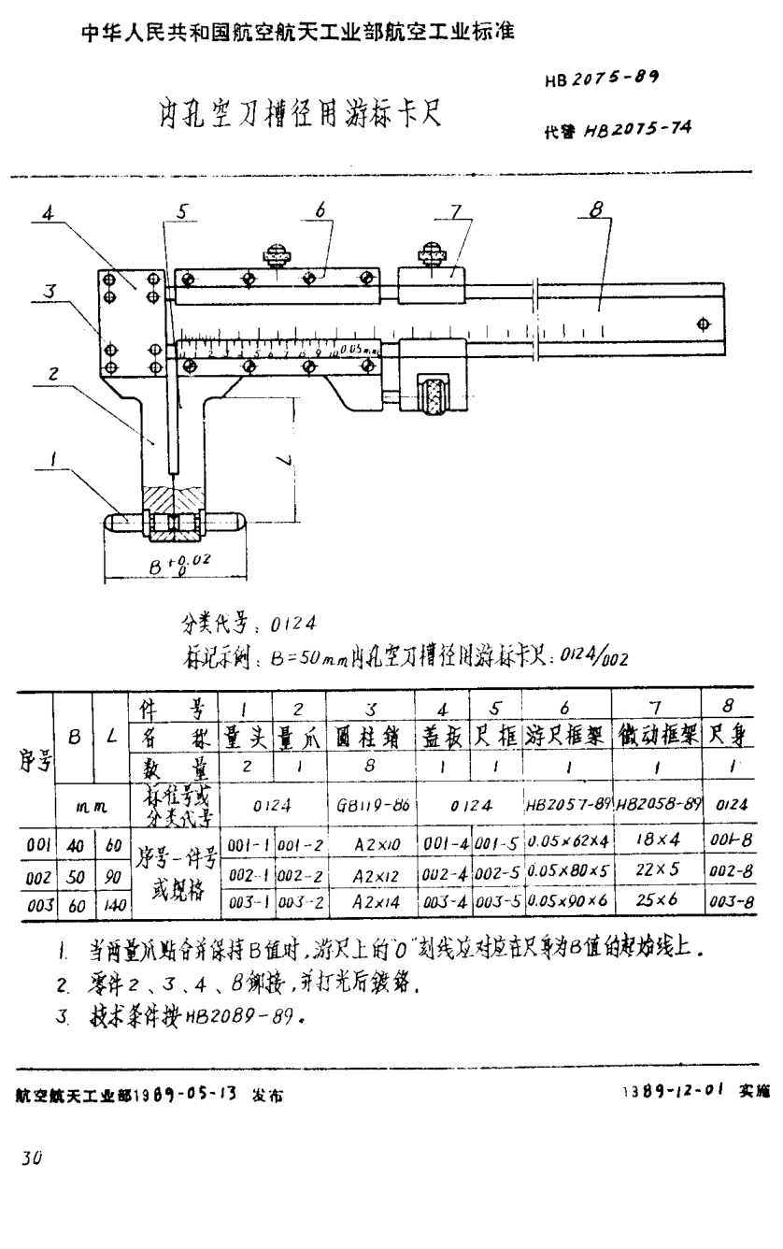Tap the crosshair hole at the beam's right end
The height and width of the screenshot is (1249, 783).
[x=703, y=323]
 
